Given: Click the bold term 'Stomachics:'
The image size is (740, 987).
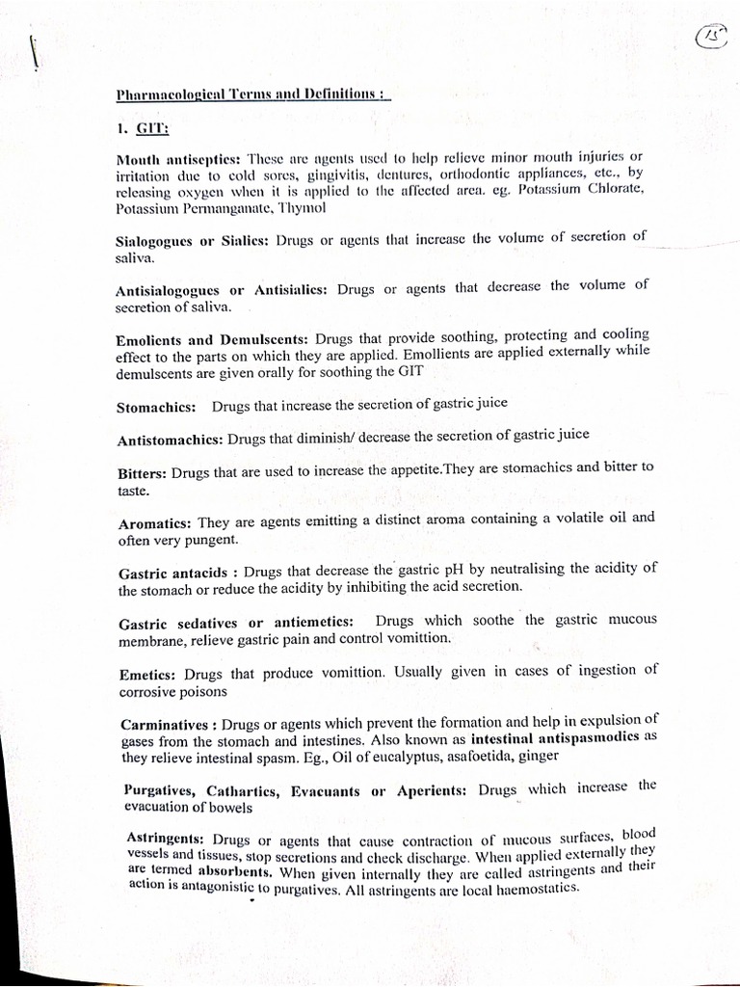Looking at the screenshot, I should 156,408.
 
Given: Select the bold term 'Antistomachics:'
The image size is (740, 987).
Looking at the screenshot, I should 170,440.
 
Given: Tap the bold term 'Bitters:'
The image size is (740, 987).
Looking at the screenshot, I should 142,472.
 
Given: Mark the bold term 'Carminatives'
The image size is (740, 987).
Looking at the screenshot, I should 164,724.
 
